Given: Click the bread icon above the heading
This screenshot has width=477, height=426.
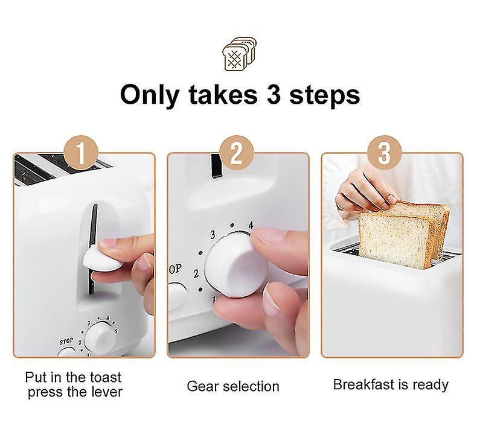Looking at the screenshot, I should (239, 54).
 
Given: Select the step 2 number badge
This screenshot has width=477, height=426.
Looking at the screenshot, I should (236, 154).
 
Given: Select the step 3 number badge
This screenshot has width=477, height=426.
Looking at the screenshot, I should (385, 154).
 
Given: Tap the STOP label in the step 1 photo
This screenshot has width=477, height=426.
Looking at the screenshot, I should (66, 342).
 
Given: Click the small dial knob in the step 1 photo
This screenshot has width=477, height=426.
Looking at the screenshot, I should (97, 342).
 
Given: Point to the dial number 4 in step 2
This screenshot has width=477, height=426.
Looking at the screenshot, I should (251, 224).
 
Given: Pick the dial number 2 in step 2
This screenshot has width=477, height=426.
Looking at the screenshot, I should (196, 273).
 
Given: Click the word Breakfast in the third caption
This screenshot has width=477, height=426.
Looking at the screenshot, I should (365, 384).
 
